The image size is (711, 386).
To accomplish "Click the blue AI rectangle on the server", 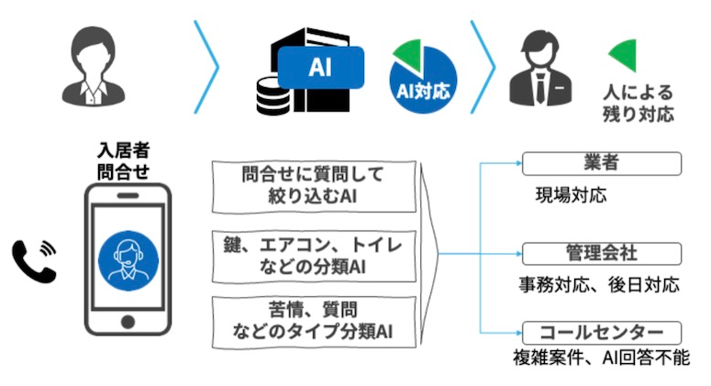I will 321,67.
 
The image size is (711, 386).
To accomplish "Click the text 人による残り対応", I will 639,104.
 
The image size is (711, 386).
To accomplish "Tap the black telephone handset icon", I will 34,259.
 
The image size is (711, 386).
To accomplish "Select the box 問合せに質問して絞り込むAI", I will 312,185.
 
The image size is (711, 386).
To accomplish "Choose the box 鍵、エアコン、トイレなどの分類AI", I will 312,254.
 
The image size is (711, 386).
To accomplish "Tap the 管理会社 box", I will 601,253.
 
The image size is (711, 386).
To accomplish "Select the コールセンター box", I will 601,331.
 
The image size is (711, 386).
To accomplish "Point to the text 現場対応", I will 571,195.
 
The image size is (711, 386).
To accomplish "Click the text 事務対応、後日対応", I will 597,285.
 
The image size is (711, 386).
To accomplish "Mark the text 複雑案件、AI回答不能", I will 601,359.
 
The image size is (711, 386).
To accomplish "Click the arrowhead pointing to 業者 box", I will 516,165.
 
